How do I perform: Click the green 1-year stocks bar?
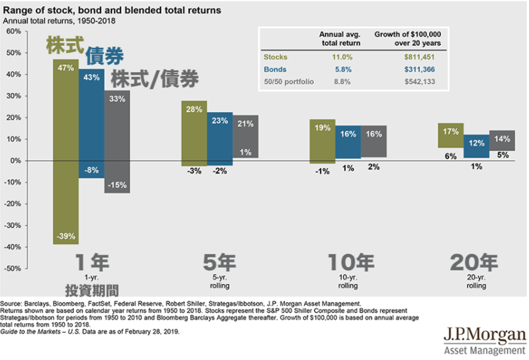[x=66, y=150]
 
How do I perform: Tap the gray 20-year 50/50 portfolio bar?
[x=502, y=141]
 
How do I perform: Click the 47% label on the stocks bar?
[x=66, y=68]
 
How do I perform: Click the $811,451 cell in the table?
[x=419, y=57]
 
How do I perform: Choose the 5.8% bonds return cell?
[x=342, y=69]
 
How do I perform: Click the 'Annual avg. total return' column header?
[x=340, y=38]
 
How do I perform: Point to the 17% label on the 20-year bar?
[x=451, y=132]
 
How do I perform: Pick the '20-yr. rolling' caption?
[x=476, y=281]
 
